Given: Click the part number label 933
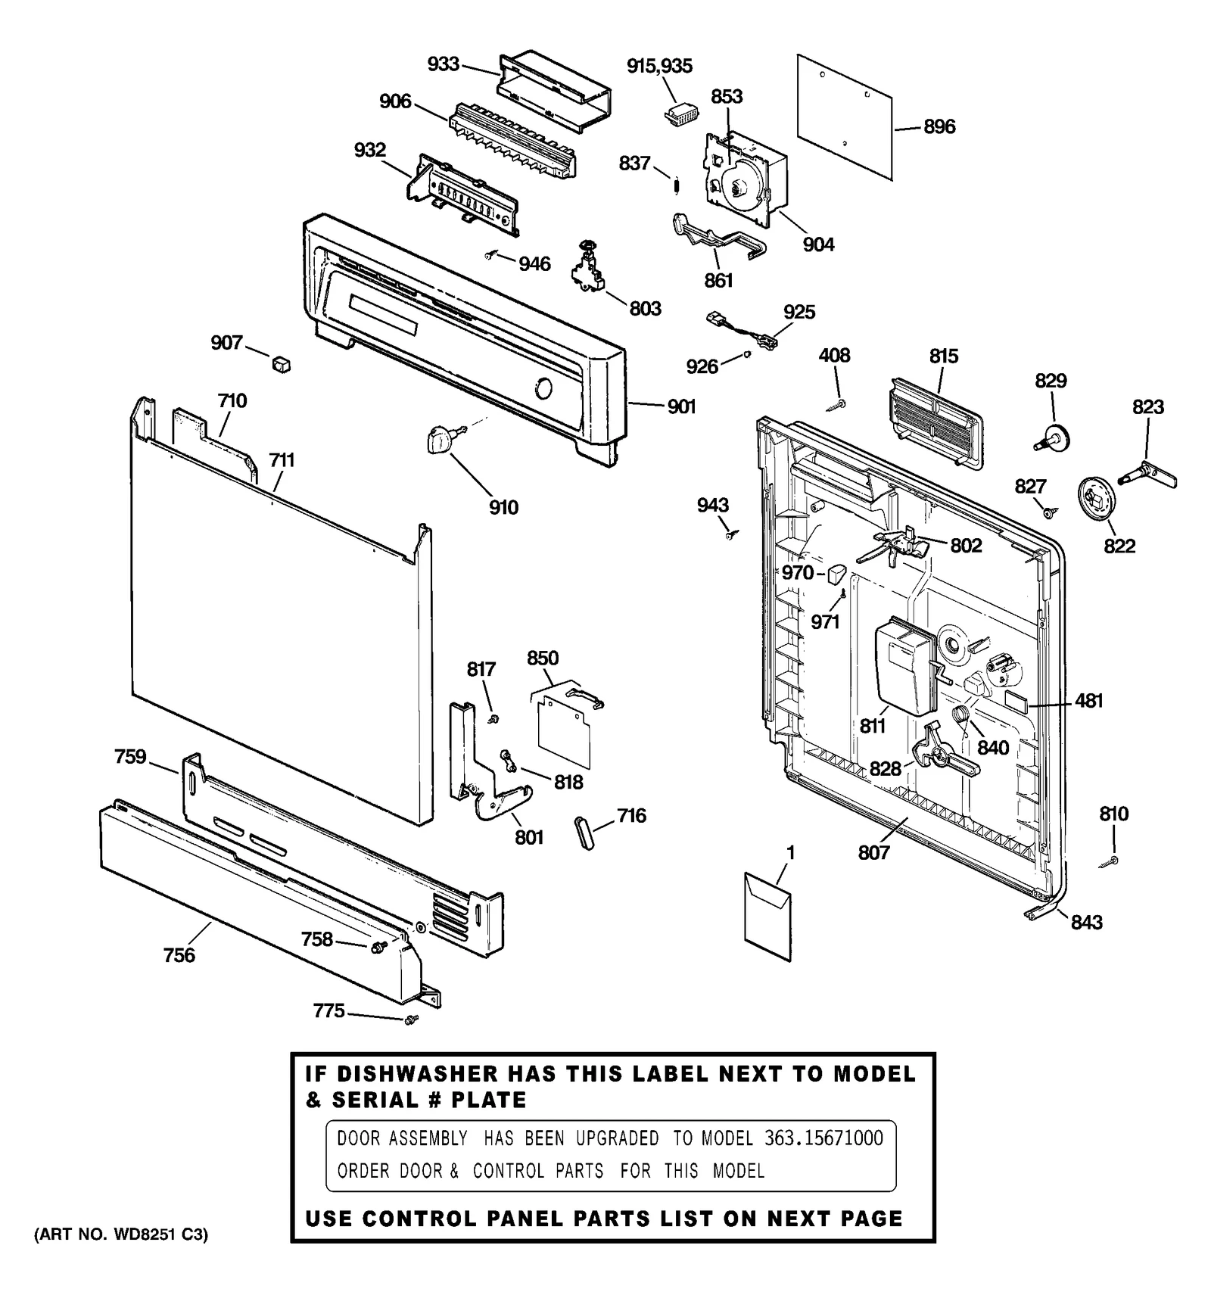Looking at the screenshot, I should [x=443, y=64].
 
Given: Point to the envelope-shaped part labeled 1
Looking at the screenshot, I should [x=767, y=917].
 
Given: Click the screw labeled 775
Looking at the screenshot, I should [x=411, y=1020].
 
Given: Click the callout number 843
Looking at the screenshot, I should [x=1086, y=922].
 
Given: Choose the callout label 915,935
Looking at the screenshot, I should [x=659, y=67].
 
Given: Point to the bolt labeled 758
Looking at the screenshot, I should [x=376, y=946].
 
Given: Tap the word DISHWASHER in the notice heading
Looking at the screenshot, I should [x=418, y=1074].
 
